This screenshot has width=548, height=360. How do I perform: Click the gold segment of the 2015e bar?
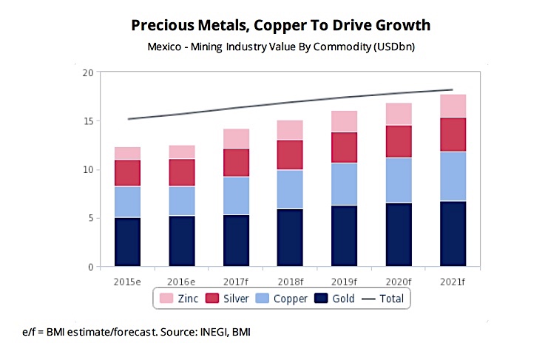tap(127, 242)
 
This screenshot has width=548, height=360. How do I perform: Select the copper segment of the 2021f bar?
tap(453, 176)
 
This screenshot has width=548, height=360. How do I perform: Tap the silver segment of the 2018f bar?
tap(290, 154)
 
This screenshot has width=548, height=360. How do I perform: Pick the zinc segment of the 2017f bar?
tap(236, 138)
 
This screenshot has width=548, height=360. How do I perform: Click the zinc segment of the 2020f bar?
tap(399, 114)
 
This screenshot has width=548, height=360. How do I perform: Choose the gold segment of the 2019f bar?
tap(344, 236)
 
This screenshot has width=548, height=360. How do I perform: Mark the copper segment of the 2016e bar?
tap(181, 201)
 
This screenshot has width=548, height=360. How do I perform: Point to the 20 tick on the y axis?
tap(89, 72)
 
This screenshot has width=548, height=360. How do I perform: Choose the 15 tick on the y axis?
tap(89, 121)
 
